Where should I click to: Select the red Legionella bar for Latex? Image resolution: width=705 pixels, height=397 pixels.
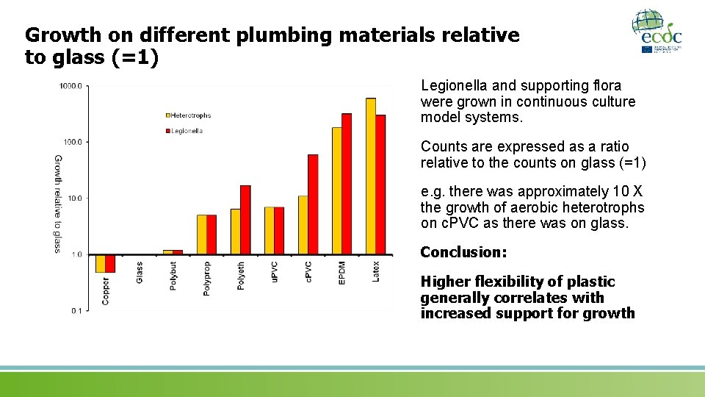[380, 185]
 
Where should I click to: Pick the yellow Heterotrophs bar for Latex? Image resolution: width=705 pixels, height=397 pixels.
[370, 176]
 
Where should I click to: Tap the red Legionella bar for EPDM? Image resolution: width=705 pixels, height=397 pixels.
[347, 184]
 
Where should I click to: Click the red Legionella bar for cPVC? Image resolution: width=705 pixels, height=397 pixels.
[313, 204]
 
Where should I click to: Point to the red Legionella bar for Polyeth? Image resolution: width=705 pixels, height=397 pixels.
[245, 220]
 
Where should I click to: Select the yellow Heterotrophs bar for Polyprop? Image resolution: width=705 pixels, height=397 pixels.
[201, 235]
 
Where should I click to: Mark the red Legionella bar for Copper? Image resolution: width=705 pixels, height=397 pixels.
[110, 263]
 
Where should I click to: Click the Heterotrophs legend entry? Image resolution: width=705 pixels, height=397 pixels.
[189, 115]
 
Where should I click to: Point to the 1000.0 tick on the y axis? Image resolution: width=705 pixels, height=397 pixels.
[71, 86]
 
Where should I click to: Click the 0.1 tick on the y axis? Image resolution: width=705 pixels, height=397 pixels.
[76, 311]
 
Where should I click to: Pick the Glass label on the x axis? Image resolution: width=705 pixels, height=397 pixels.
[140, 273]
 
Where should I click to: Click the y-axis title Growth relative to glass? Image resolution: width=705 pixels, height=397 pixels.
[58, 203]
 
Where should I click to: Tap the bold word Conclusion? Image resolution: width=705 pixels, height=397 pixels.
[463, 252]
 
